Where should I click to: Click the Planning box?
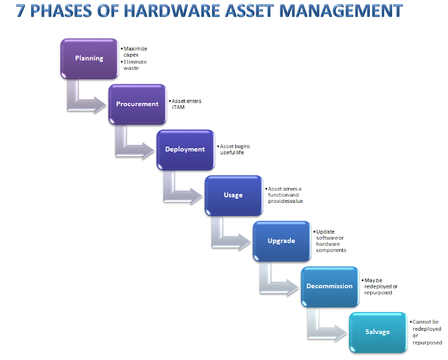coord(89,59)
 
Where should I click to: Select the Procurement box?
coord(137,104)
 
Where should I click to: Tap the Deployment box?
coord(185,149)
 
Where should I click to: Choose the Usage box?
coord(233,195)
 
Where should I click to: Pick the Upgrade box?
coord(281,241)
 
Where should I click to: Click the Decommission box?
coord(329,286)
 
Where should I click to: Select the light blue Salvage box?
coord(377,332)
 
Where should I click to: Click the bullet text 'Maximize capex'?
coord(134,51)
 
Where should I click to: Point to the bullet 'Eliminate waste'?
coord(134,65)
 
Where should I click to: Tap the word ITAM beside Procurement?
coord(178,107)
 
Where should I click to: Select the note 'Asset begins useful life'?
coord(235,149)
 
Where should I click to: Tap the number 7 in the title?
coord(21,11)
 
